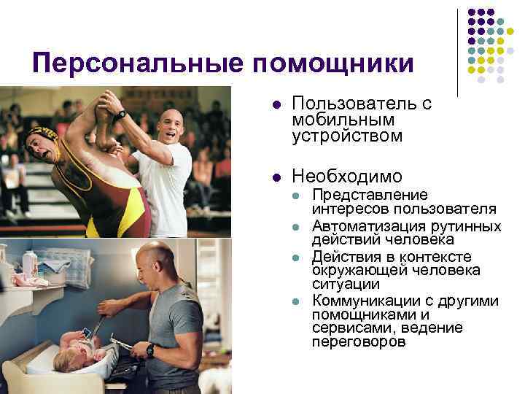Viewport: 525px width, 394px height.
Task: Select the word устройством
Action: (336, 136)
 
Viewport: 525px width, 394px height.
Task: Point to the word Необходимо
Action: (346, 176)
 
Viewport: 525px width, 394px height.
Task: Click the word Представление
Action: (370, 195)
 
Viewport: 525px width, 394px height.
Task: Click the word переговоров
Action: (358, 341)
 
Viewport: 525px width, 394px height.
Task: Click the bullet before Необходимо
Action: (276, 177)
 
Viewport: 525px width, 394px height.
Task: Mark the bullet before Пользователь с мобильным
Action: (276, 104)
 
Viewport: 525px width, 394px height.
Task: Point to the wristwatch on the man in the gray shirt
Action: (149, 350)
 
